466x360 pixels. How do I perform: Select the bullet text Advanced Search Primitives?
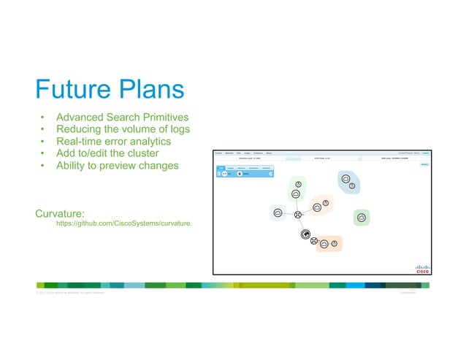point(122,117)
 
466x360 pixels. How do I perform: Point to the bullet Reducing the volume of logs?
point(123,129)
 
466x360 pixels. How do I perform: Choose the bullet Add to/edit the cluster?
point(107,153)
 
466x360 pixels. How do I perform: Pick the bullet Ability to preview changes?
point(117,165)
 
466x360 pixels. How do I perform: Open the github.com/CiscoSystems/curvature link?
point(123,223)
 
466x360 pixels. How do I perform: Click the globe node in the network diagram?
point(305,234)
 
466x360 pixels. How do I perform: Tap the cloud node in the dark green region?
point(361,217)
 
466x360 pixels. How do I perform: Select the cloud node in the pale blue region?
point(277,213)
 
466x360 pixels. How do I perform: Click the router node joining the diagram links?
point(298,215)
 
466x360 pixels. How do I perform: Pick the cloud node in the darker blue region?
point(345,178)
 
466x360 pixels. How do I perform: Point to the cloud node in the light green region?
point(296,194)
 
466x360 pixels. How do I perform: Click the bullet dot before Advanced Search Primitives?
point(43,118)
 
